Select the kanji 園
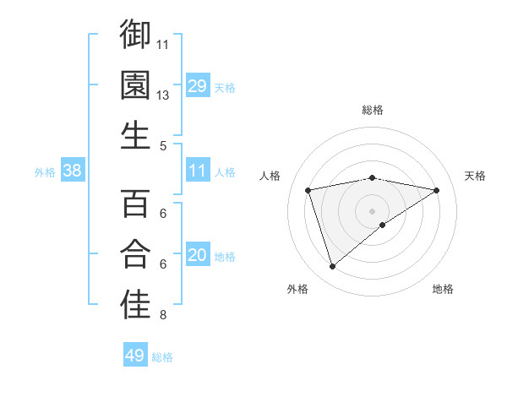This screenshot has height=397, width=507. pyautogui.click(x=135, y=84)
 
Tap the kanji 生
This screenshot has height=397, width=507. pyautogui.click(x=135, y=135)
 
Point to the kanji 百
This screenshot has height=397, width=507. pyautogui.click(x=135, y=204)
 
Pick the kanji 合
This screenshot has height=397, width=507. pyautogui.click(x=135, y=254)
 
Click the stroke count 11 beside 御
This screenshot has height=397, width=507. pyautogui.click(x=163, y=44)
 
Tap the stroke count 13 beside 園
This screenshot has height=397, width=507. pyautogui.click(x=163, y=95)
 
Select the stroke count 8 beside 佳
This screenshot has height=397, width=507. pyautogui.click(x=163, y=316)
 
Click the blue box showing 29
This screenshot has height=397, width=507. pyautogui.click(x=198, y=85)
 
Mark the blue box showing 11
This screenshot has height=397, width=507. pyautogui.click(x=198, y=171)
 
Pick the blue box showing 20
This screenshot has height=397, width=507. pyautogui.click(x=198, y=255)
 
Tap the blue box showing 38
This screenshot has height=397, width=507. pyautogui.click(x=73, y=171)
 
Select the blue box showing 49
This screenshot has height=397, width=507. pyautogui.click(x=135, y=356)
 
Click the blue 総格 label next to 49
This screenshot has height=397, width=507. pyautogui.click(x=163, y=357)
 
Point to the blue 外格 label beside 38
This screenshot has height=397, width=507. pyautogui.click(x=45, y=172)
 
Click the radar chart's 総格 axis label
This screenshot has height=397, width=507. pyautogui.click(x=373, y=110)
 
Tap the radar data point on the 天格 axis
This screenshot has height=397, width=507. pyautogui.click(x=436, y=190)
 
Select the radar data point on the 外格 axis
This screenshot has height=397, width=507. pyautogui.click(x=332, y=267)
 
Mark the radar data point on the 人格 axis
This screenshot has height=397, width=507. pyautogui.click(x=308, y=189)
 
